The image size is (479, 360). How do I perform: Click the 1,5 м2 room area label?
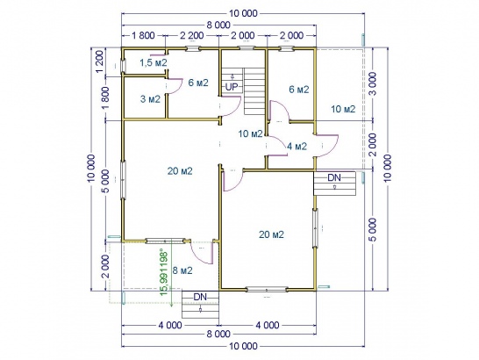(154, 63)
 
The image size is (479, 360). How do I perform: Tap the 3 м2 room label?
(150, 99)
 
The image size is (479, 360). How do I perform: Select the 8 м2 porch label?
(182, 270)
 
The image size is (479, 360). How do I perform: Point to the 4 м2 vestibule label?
(297, 147)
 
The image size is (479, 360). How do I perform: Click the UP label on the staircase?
(232, 87)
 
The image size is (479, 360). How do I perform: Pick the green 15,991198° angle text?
(164, 273)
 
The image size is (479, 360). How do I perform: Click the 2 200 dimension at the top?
(191, 35)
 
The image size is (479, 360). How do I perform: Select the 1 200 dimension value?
(101, 61)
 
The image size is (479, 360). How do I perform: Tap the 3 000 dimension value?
(374, 83)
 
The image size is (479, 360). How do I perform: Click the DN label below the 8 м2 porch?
(200, 297)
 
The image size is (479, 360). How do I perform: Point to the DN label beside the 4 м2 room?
(334, 177)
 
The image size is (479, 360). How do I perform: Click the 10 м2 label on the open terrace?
(343, 109)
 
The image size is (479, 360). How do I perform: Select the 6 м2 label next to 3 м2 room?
(198, 83)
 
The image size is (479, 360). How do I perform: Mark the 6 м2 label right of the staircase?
(299, 90)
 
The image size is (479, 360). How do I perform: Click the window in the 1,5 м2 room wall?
(124, 65)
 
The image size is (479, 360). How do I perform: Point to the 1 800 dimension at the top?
(143, 35)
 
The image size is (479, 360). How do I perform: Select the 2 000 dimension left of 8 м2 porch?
(105, 266)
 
